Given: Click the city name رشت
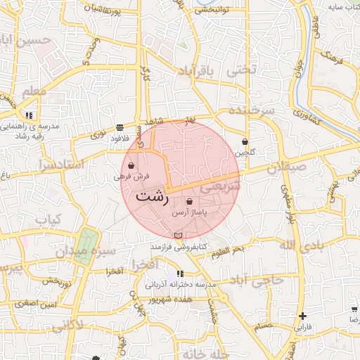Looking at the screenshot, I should [x=152, y=195].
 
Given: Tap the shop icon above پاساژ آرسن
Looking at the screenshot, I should [x=190, y=202].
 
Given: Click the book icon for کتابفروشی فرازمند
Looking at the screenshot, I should [x=177, y=234].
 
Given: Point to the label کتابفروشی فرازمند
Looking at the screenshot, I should [x=178, y=247].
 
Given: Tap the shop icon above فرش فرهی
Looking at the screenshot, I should [x=131, y=166].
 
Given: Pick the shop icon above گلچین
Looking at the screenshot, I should [x=245, y=141].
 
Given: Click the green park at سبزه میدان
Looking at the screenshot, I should [x=85, y=246].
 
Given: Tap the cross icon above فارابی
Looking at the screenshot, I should [x=302, y=316].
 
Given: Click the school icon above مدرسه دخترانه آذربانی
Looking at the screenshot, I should [x=180, y=273].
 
